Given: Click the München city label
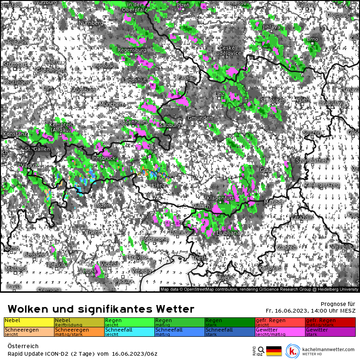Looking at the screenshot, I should click(111, 104).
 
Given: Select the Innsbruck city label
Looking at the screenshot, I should click(104, 158).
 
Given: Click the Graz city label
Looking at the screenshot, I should click(265, 170).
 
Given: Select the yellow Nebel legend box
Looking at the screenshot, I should click(29, 322).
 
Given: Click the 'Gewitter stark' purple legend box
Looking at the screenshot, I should click(330, 332).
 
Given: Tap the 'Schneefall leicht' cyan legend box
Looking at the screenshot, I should click(129, 332).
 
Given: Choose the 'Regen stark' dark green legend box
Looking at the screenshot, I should click(230, 322).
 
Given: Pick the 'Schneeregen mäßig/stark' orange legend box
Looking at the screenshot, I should click(79, 332).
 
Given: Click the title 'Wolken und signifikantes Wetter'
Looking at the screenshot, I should click(100, 309).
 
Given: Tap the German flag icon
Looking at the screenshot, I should click(274, 351).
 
